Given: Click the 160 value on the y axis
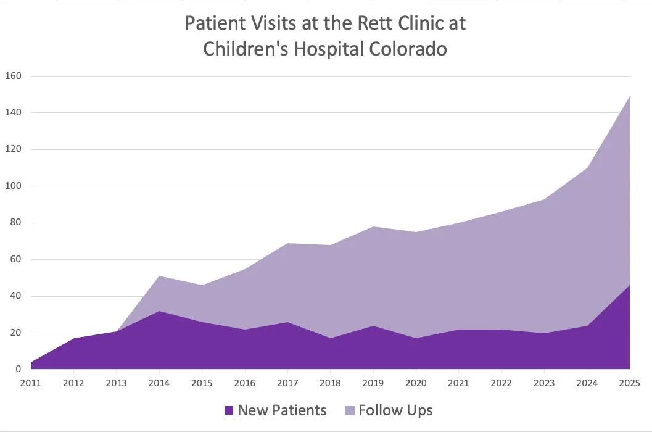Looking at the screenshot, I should click(13, 76).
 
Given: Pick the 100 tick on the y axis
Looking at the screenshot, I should click(13, 186).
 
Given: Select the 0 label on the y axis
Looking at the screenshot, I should click(19, 369).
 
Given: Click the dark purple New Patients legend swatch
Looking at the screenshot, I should click(228, 410).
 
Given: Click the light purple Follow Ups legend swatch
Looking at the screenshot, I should click(349, 410).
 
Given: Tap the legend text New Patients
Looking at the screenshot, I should click(282, 410).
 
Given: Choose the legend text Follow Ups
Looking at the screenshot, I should click(395, 410).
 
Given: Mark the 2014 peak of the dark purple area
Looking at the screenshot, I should click(159, 311).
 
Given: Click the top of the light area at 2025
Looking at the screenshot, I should click(629, 96).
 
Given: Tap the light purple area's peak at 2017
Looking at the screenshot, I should click(287, 243).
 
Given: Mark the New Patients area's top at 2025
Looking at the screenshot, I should click(629, 285).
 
